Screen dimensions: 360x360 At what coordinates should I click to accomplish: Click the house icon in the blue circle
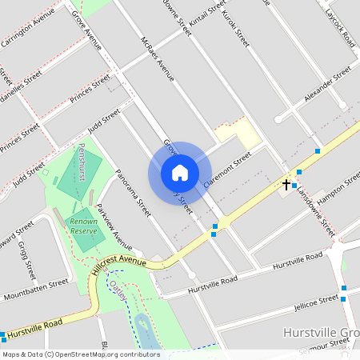point(180,173)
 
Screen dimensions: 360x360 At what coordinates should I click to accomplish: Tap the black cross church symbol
point(286,184)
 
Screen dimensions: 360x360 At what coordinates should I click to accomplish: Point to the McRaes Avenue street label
point(157,59)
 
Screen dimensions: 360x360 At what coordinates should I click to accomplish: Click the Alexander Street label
point(328,85)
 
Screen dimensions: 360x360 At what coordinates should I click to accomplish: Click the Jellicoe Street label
point(317,301)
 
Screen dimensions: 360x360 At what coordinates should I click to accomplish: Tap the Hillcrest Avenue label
point(118,265)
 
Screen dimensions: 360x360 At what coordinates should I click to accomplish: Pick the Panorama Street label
point(133,194)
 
